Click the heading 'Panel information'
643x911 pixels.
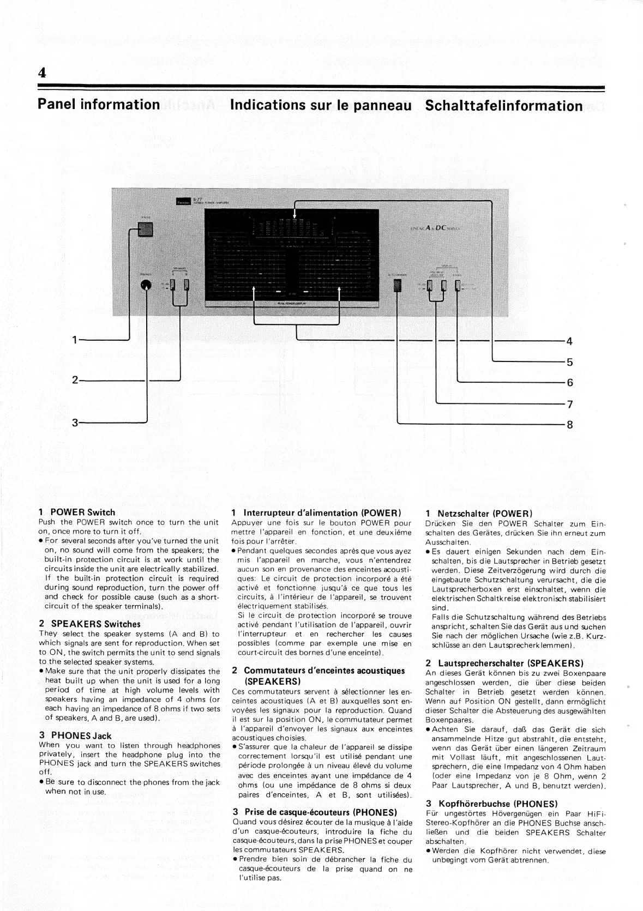pos(99,104)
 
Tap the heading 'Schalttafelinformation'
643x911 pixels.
pos(503,106)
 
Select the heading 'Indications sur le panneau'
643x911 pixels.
pos(321,105)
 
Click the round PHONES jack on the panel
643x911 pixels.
pos(146,286)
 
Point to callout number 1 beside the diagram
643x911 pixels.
pos(75,341)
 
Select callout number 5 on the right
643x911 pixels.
pos(569,362)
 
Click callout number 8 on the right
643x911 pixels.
pos(569,424)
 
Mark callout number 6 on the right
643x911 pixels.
pos(569,383)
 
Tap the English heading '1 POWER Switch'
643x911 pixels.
pos(77,512)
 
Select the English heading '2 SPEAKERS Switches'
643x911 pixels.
pos(89,624)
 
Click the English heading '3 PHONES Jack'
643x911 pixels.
pos(75,735)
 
